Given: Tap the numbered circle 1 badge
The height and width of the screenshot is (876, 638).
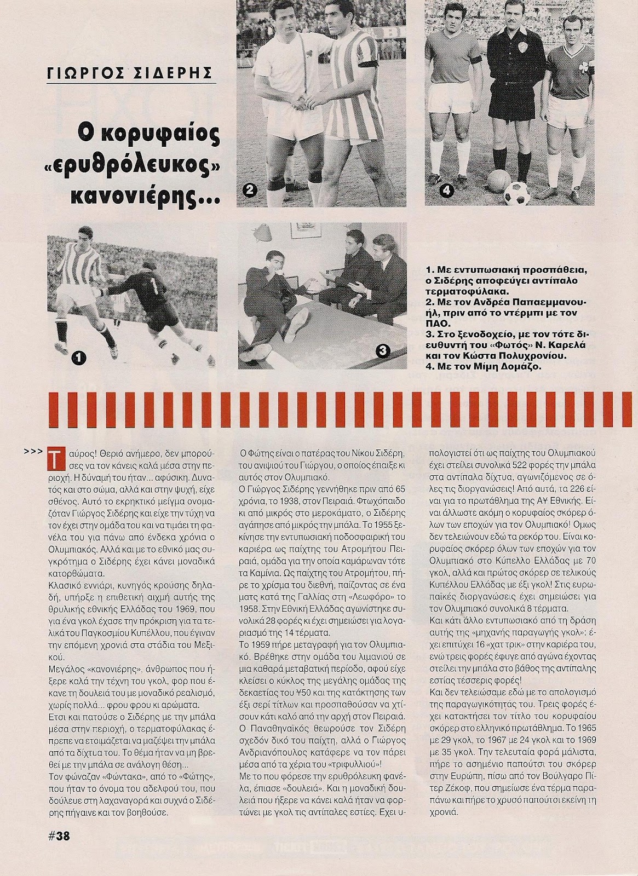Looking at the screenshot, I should tap(78, 359).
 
